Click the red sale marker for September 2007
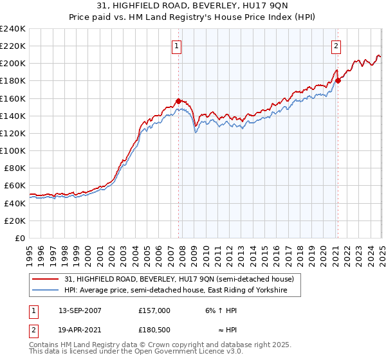178,101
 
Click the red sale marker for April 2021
338,80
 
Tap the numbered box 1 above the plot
176,46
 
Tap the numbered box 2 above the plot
336,46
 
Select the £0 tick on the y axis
21,238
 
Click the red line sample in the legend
45,279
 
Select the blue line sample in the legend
45,291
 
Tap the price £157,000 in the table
154,310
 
